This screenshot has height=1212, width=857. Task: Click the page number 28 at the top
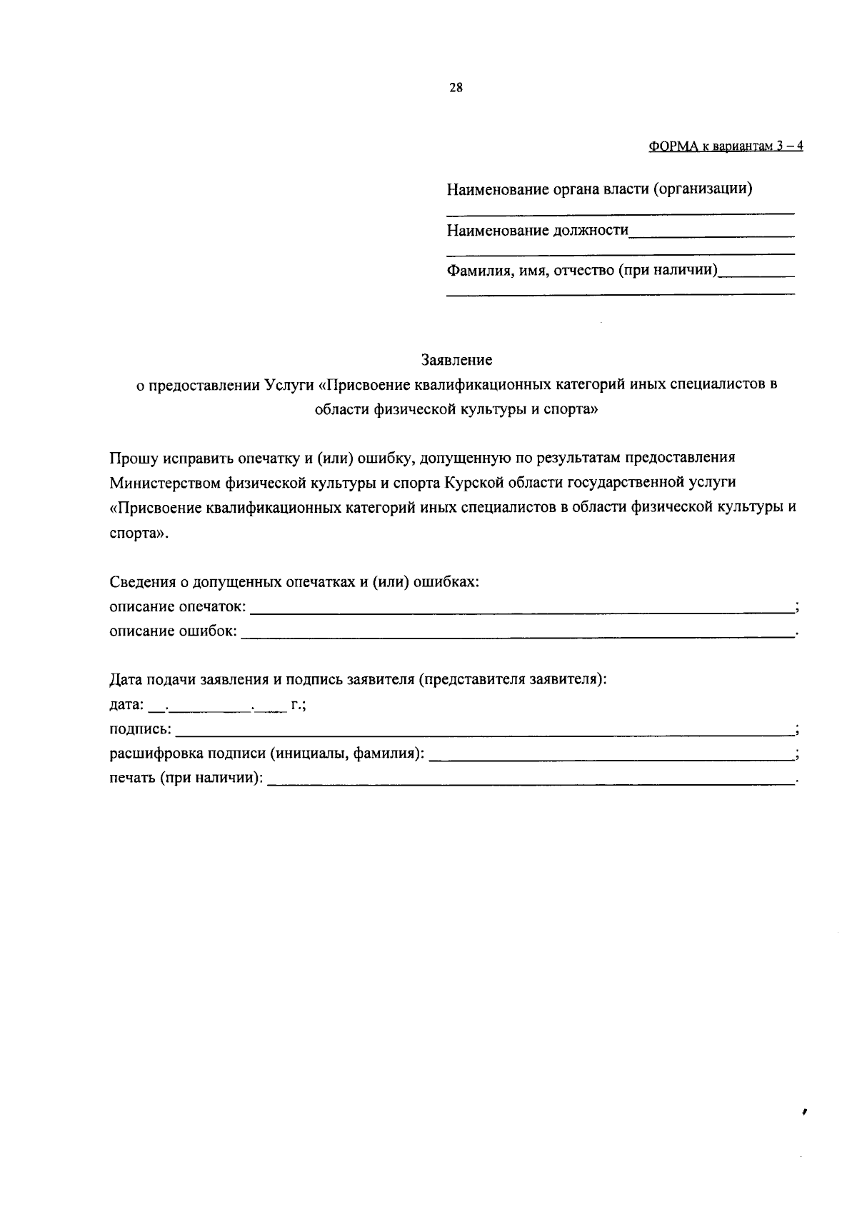456,88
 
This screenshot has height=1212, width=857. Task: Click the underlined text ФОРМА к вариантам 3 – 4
726,146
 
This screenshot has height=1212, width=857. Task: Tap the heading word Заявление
456,359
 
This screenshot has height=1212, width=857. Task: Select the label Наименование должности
538,231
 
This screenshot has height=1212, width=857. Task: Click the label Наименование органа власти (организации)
599,190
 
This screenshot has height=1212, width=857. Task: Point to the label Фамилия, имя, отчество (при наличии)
582,271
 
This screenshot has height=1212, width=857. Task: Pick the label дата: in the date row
126,706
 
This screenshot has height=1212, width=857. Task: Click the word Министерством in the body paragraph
165,483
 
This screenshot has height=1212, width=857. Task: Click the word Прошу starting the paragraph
129,458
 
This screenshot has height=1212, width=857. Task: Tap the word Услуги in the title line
289,384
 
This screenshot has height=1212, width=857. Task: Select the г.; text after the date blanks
299,706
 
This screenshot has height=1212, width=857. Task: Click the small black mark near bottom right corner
804,1131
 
